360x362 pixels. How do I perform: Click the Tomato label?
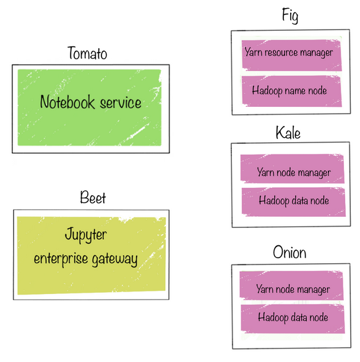87,54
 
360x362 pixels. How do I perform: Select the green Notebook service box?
90,107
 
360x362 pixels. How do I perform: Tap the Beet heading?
93,198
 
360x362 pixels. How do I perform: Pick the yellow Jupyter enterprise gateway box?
90,255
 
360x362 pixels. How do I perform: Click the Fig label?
289,16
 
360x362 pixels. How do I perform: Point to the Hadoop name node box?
289,91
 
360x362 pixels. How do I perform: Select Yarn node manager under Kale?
293,172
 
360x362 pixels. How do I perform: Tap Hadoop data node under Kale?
293,201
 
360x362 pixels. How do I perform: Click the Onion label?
289,253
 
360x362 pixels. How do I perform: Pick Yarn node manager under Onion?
293,289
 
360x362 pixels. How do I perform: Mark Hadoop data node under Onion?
293,318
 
